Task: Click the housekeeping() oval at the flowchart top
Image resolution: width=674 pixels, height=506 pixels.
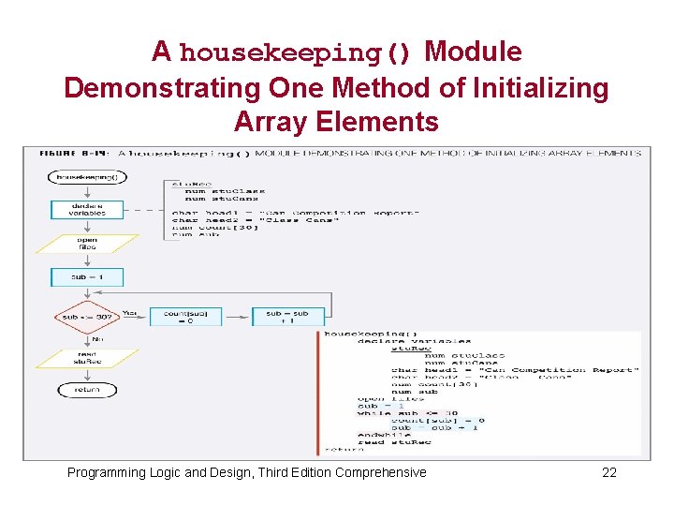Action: (87, 176)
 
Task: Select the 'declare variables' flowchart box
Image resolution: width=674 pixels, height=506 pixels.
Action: (87, 209)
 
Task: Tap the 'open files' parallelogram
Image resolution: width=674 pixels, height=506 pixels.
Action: (87, 244)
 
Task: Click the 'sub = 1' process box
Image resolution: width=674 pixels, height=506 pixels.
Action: (87, 278)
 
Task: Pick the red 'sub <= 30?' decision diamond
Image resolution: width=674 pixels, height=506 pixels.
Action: (87, 317)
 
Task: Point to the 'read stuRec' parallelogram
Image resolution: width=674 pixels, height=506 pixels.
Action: (87, 357)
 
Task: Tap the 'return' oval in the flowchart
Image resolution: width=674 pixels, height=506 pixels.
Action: (87, 390)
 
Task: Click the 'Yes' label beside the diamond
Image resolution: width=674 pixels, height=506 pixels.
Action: (130, 312)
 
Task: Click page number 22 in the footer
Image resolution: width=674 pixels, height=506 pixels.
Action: (609, 472)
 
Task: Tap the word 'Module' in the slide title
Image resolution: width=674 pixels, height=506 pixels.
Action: (473, 52)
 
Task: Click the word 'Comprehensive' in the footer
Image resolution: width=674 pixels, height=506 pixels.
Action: (380, 472)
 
